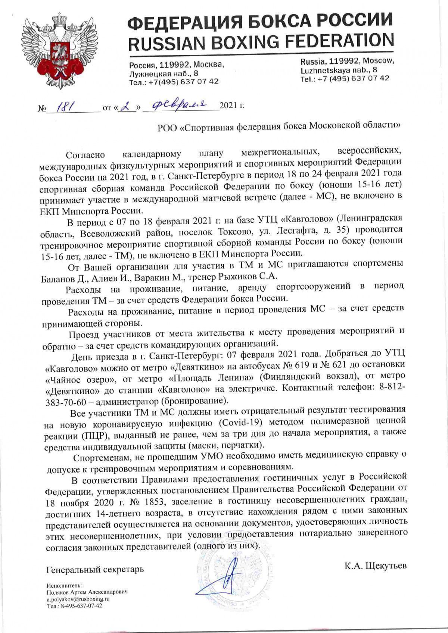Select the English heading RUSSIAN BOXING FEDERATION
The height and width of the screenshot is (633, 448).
(261, 41)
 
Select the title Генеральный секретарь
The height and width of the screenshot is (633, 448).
(95, 570)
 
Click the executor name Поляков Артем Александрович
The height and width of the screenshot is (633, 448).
(87, 592)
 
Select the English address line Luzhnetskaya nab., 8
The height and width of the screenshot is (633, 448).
(338, 70)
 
